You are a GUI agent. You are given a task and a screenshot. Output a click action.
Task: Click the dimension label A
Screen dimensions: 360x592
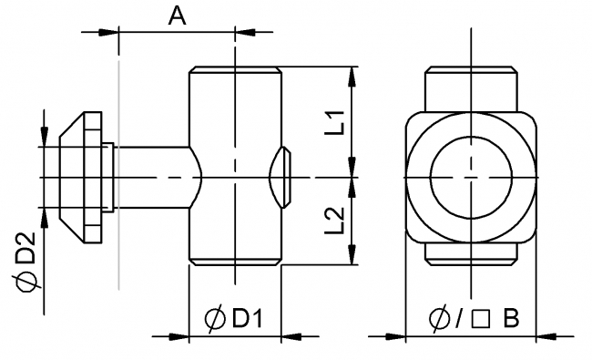tap(178, 15)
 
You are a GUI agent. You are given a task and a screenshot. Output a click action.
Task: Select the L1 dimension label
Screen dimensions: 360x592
tap(334, 120)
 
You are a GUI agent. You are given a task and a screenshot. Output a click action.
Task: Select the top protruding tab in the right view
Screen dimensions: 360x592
tap(471, 89)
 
